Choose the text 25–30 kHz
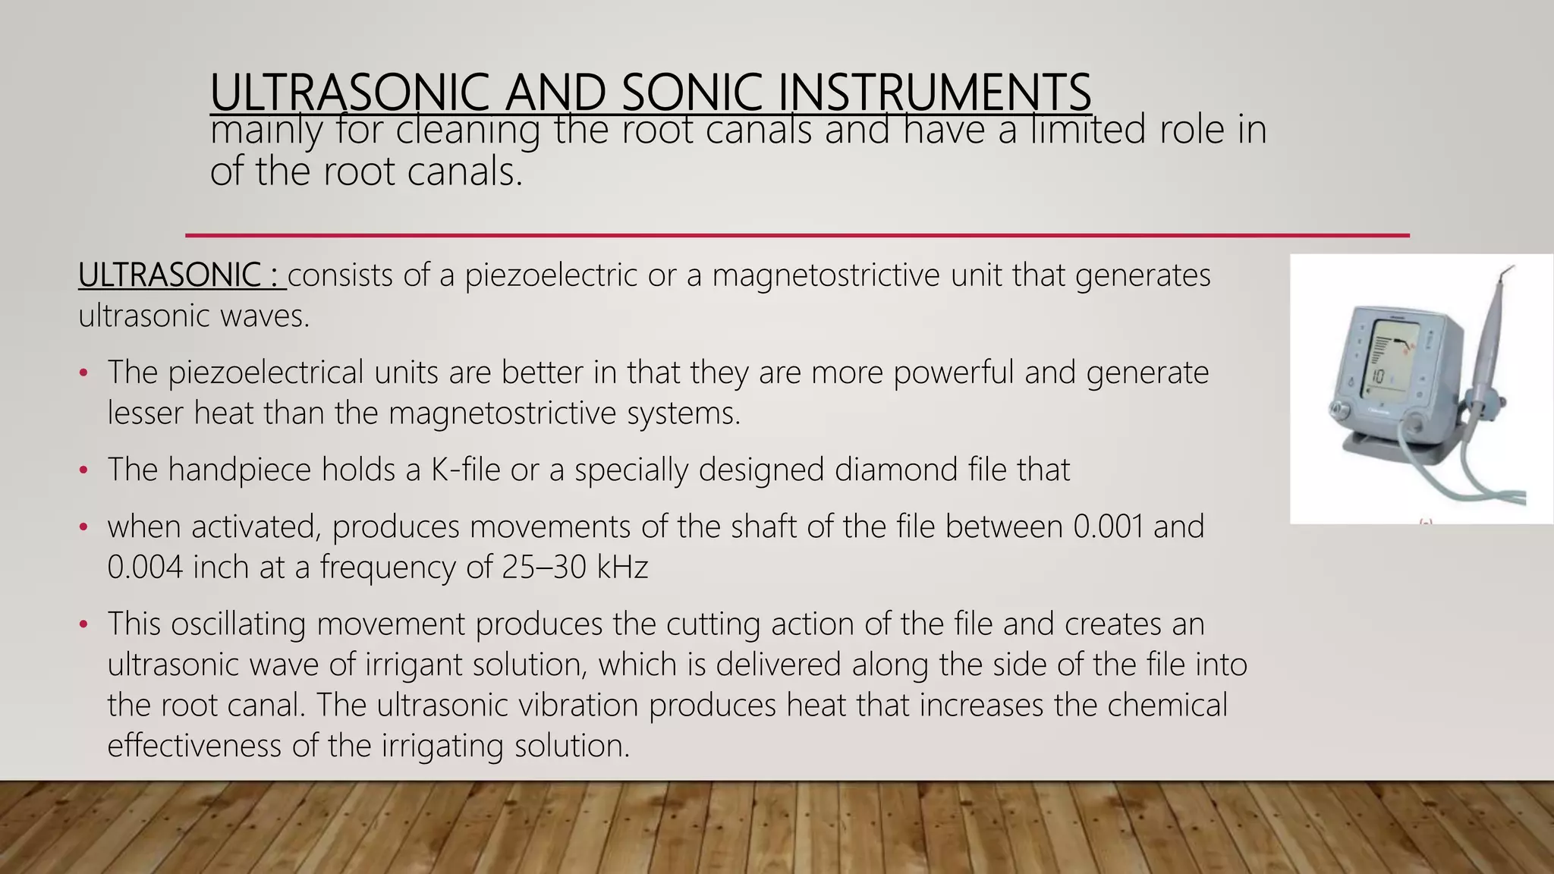coord(575,567)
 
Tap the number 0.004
coord(145,567)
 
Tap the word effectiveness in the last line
coord(193,746)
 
